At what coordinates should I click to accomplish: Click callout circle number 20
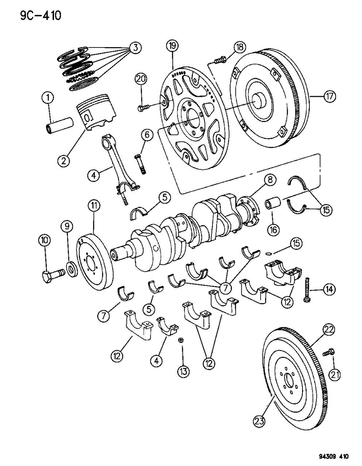click(141, 78)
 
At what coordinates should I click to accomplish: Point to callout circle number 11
click(94, 207)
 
